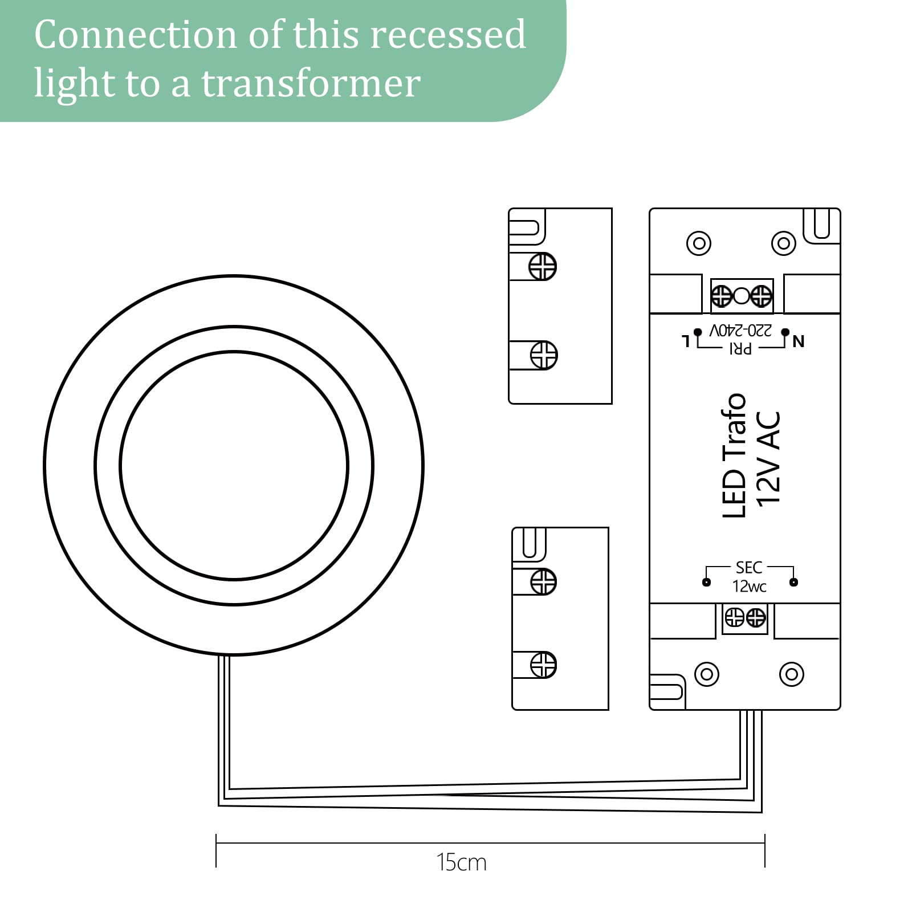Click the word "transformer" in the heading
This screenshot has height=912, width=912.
point(311,84)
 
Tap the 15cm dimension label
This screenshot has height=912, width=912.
point(461,862)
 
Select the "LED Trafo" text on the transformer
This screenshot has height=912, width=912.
point(734,456)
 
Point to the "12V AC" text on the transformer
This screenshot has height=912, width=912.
point(768,458)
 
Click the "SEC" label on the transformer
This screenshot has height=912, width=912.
point(749,568)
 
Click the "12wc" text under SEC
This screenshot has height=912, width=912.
point(749,587)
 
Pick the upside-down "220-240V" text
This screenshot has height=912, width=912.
point(740,331)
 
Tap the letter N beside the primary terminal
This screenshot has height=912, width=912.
point(799,341)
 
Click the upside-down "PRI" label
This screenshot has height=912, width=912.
point(740,348)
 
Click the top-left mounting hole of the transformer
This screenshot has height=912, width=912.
point(699,243)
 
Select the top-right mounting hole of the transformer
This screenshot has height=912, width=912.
point(783,243)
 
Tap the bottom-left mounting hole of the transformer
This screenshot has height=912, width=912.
point(707,675)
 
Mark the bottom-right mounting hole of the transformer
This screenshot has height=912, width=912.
point(791,675)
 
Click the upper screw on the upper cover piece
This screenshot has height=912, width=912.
point(542,266)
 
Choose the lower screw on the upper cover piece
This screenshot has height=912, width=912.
point(544,355)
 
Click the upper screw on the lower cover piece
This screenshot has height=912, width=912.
point(543,582)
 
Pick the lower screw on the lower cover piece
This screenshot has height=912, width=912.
point(543,665)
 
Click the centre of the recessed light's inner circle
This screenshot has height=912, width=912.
point(234,466)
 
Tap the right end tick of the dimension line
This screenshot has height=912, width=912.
point(764,850)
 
